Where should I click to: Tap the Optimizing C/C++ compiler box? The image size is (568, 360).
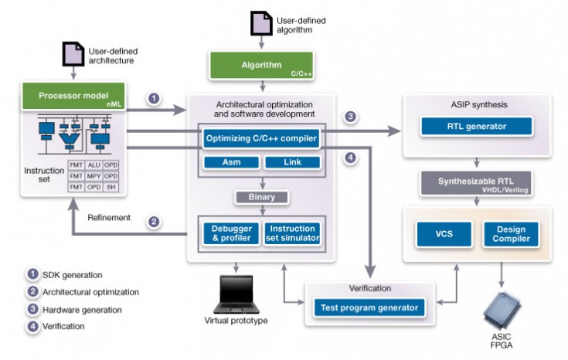(x=261, y=139)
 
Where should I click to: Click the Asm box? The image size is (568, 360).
(x=230, y=162)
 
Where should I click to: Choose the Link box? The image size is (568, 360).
(x=292, y=162)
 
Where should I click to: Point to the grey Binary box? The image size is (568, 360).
(x=261, y=197)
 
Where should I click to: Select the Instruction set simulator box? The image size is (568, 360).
(x=292, y=233)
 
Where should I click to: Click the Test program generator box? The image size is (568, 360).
(x=369, y=307)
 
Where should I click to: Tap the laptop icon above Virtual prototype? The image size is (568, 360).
(x=233, y=293)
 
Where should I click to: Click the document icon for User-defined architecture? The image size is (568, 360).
(x=73, y=54)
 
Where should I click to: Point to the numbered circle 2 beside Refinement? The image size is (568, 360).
(x=154, y=222)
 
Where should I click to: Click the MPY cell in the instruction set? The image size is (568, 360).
(x=94, y=175)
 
